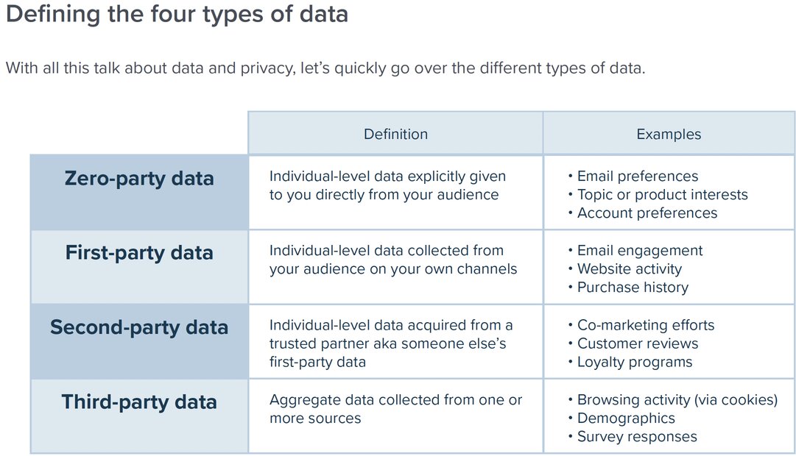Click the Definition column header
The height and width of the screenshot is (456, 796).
click(395, 134)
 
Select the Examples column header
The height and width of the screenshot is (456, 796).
click(669, 134)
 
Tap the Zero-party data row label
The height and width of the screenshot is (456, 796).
click(139, 179)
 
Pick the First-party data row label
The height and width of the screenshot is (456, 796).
click(139, 253)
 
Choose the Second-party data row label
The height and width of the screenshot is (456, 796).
click(139, 328)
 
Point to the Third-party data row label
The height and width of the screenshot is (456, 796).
click(139, 402)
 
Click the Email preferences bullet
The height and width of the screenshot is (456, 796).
click(633, 177)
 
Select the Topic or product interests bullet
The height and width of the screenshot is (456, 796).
click(658, 195)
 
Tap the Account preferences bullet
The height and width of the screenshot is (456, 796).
click(643, 213)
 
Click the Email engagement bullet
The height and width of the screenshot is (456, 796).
click(635, 251)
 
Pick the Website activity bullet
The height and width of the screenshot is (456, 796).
click(625, 269)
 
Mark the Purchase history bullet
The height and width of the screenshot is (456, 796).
click(628, 288)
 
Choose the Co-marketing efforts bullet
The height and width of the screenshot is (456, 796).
click(641, 325)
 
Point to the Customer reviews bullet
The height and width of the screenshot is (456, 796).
click(633, 343)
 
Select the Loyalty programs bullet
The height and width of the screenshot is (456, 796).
click(630, 362)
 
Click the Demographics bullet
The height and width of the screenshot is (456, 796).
click(621, 418)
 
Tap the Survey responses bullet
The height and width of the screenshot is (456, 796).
click(633, 437)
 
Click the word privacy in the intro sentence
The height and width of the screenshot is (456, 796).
click(267, 68)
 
